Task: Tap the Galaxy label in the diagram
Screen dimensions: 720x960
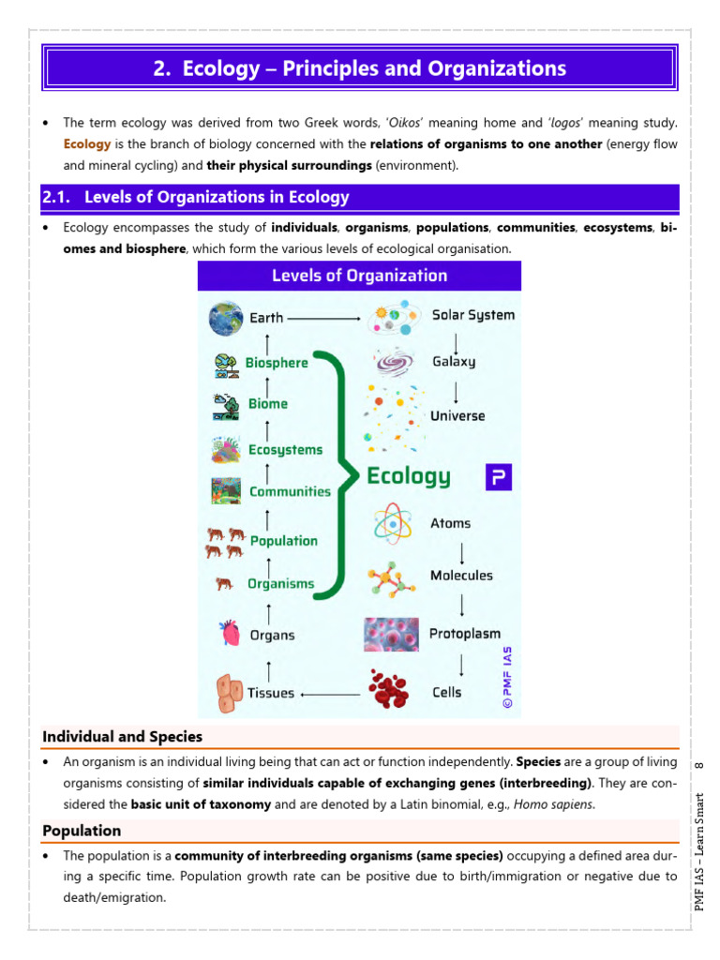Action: point(454,362)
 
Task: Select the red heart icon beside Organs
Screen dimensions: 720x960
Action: point(229,634)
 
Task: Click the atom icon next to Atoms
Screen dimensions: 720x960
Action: point(392,523)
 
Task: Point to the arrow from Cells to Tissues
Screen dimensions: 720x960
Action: point(329,695)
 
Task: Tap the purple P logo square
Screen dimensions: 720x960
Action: point(499,477)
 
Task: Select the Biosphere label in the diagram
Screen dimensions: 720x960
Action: point(277,363)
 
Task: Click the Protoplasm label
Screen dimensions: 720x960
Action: point(465,634)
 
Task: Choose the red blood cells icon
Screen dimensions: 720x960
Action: point(389,689)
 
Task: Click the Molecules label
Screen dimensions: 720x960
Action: point(461,576)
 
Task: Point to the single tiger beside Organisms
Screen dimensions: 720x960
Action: point(225,583)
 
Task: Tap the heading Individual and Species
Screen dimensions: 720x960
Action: point(122,737)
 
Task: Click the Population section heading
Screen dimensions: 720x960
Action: point(82,831)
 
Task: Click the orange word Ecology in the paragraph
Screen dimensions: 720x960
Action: point(87,144)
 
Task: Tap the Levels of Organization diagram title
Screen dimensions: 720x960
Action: point(359,276)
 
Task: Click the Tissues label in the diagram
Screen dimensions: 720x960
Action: point(271,694)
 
